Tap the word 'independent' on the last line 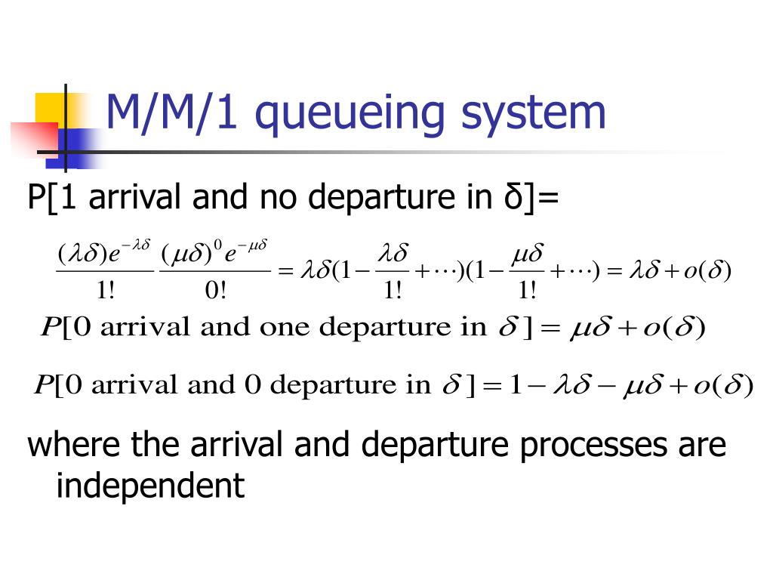click(151, 486)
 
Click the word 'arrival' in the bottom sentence click(234, 445)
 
